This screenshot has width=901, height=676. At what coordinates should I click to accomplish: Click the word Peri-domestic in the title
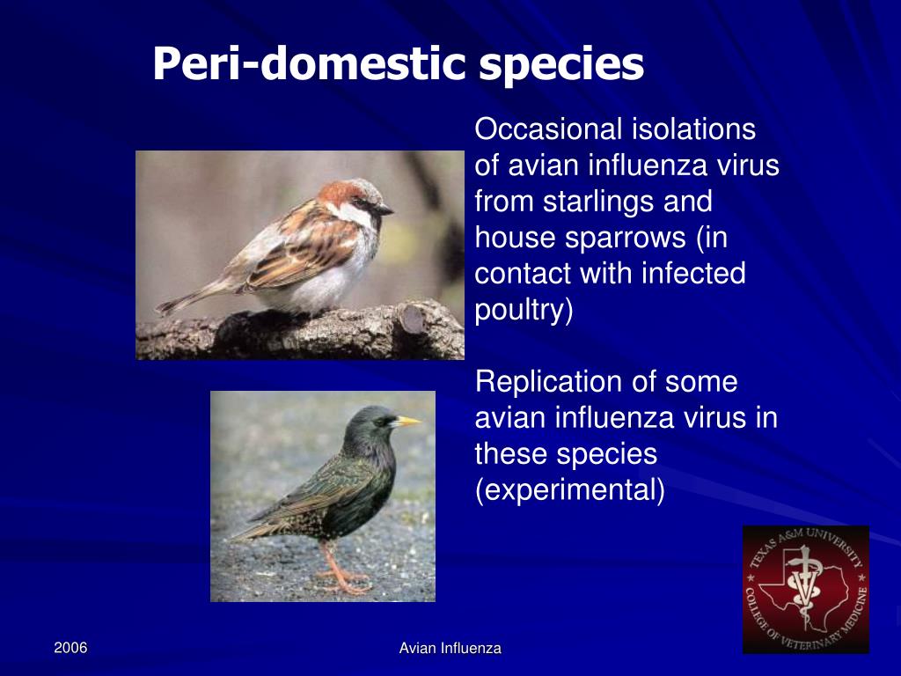point(308,64)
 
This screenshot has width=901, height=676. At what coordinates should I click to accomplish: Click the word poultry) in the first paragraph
point(524,310)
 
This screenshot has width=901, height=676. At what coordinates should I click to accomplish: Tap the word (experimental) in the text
point(569,490)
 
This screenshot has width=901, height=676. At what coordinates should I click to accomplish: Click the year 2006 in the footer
point(70,648)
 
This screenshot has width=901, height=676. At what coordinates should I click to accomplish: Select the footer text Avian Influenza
point(450,649)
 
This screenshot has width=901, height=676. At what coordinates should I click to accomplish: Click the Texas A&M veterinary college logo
point(805,589)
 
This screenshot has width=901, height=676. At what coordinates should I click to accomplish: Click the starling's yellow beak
point(407,422)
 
